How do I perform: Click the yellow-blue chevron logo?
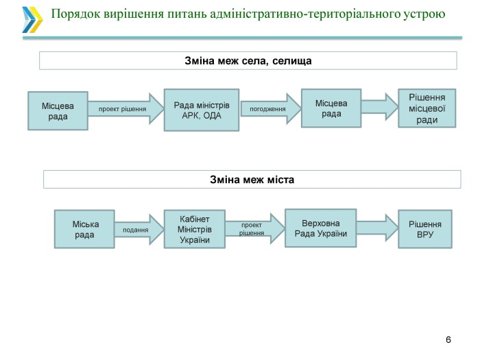32,20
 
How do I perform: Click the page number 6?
448,339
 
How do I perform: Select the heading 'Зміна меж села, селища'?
248,60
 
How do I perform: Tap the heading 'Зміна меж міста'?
252,179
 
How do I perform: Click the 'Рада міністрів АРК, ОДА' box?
202,110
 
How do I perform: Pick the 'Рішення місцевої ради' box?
427,108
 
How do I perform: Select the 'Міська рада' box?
84,229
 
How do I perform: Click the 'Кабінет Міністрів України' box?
195,229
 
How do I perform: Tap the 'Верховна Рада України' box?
320,228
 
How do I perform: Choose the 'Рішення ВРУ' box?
425,229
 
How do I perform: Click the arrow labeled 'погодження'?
271,108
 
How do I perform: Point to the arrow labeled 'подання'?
139,230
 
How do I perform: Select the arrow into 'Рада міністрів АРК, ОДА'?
125,108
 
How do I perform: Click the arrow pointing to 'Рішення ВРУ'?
377,228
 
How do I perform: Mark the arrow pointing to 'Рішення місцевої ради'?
380,107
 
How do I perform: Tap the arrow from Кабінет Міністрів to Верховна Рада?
255,229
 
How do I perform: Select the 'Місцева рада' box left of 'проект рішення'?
58,111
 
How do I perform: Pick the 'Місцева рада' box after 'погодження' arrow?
331,108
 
